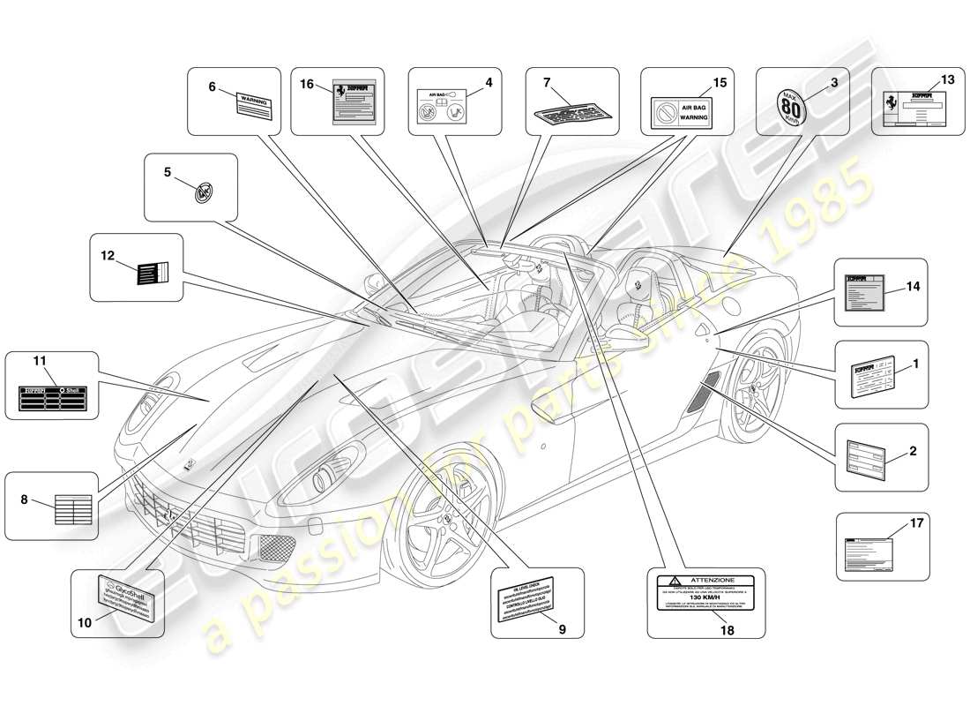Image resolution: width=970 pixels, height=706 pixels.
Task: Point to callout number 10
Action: click(x=85, y=622)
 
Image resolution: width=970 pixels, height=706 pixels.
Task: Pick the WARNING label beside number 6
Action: click(x=254, y=107)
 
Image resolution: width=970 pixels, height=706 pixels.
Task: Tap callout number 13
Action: click(x=947, y=79)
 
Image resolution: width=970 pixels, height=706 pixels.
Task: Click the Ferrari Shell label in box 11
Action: click(x=52, y=400)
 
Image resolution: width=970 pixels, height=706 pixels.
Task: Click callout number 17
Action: click(x=916, y=523)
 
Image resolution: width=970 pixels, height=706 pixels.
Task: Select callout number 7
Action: click(x=547, y=82)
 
